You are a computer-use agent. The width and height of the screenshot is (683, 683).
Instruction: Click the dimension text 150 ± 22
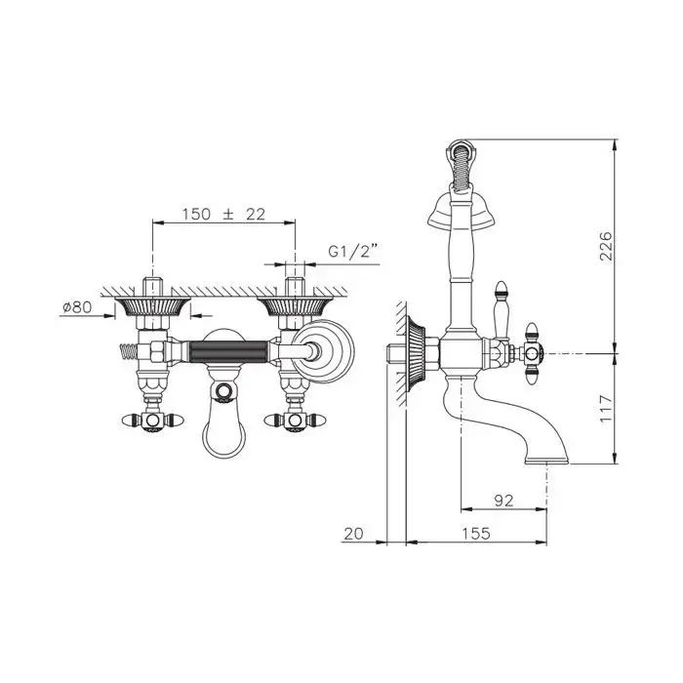(222, 216)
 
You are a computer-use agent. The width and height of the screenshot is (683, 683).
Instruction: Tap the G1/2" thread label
(352, 251)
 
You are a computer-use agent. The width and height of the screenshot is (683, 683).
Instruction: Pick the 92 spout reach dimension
(502, 501)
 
